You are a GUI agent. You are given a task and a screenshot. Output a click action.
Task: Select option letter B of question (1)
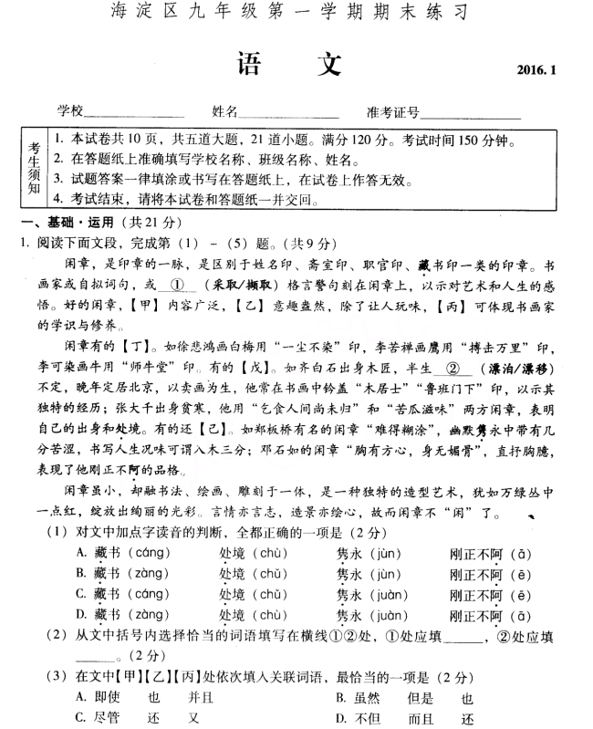(80, 573)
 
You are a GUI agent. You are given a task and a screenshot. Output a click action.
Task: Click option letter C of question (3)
(80, 717)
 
